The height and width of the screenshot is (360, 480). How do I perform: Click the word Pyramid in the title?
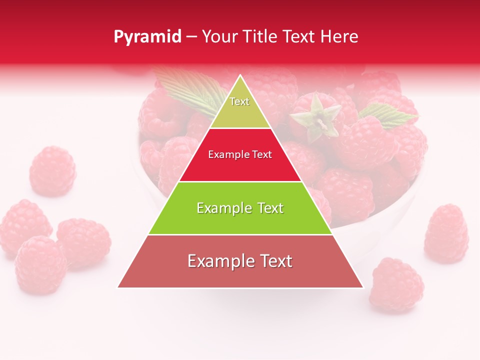click(x=147, y=37)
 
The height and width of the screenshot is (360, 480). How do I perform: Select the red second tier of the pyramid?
click(x=240, y=167)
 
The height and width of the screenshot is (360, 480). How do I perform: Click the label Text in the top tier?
click(x=239, y=101)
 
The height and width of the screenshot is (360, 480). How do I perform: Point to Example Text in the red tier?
click(x=240, y=154)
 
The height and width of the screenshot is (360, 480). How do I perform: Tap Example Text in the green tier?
click(x=240, y=208)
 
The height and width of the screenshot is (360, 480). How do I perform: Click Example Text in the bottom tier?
click(x=240, y=261)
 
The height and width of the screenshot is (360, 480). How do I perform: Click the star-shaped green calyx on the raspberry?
click(x=314, y=118)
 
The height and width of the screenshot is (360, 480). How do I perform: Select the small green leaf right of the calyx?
click(x=387, y=115)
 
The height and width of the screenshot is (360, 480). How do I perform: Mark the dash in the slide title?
click(x=191, y=37)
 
